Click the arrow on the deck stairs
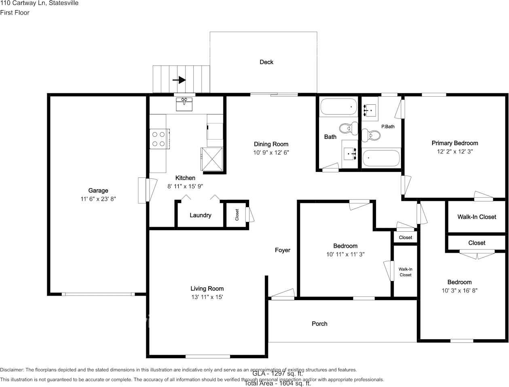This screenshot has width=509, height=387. click(x=179, y=80)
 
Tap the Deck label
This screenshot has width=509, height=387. click(x=266, y=62)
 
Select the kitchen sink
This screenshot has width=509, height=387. click(x=184, y=104)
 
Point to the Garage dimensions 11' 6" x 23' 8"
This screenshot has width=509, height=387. click(x=98, y=199)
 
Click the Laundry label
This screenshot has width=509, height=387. click(x=201, y=215)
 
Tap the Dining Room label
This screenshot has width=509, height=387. click(x=271, y=144)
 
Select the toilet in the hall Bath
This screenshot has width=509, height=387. click(x=347, y=128)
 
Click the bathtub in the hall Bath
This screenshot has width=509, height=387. click(x=339, y=107)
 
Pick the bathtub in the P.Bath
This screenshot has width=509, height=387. click(x=381, y=158)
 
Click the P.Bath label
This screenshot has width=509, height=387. click(x=388, y=127)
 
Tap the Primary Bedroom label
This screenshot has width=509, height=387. click(x=454, y=143)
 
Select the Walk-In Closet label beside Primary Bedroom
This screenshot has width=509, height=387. click(x=477, y=217)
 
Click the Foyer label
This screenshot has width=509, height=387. click(x=283, y=250)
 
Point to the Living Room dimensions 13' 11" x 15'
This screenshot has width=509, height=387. click(x=207, y=297)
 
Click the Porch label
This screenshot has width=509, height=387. click(x=319, y=324)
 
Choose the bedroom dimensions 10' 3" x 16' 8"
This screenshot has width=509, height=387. click(x=459, y=290)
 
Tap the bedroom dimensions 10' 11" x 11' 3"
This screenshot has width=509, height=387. click(x=345, y=254)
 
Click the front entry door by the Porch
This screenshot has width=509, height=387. click(x=282, y=295)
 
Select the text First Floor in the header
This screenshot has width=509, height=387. click(x=15, y=13)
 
